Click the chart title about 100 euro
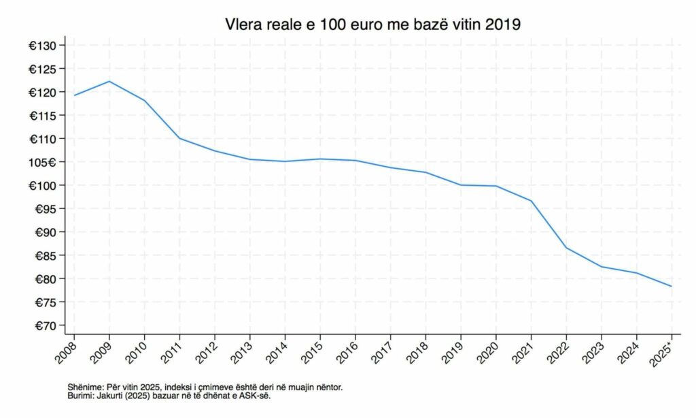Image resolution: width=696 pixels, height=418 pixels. pyautogui.click(x=373, y=25)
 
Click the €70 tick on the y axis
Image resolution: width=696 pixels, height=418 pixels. pyautogui.click(x=51, y=325)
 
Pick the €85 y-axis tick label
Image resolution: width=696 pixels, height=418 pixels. pyautogui.click(x=51, y=255)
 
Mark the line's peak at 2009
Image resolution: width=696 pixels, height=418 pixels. pyautogui.click(x=109, y=82)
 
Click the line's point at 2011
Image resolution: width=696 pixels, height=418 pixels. pyautogui.click(x=179, y=138)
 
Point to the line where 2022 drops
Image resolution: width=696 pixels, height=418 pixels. pyautogui.click(x=566, y=247)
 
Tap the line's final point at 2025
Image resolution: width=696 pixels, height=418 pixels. pyautogui.click(x=672, y=286)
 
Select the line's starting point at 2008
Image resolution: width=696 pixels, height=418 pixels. pyautogui.click(x=74, y=95)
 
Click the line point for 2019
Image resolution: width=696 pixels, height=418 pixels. pyautogui.click(x=461, y=185)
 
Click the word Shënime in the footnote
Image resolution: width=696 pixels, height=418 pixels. pyautogui.click(x=86, y=387)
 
